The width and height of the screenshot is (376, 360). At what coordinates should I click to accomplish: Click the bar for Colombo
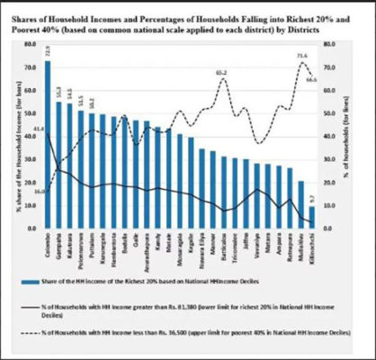[x=48, y=144]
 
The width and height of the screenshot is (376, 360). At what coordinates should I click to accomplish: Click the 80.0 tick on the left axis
[x=30, y=43]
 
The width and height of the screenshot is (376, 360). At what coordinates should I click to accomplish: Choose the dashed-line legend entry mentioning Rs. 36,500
[x=192, y=336]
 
